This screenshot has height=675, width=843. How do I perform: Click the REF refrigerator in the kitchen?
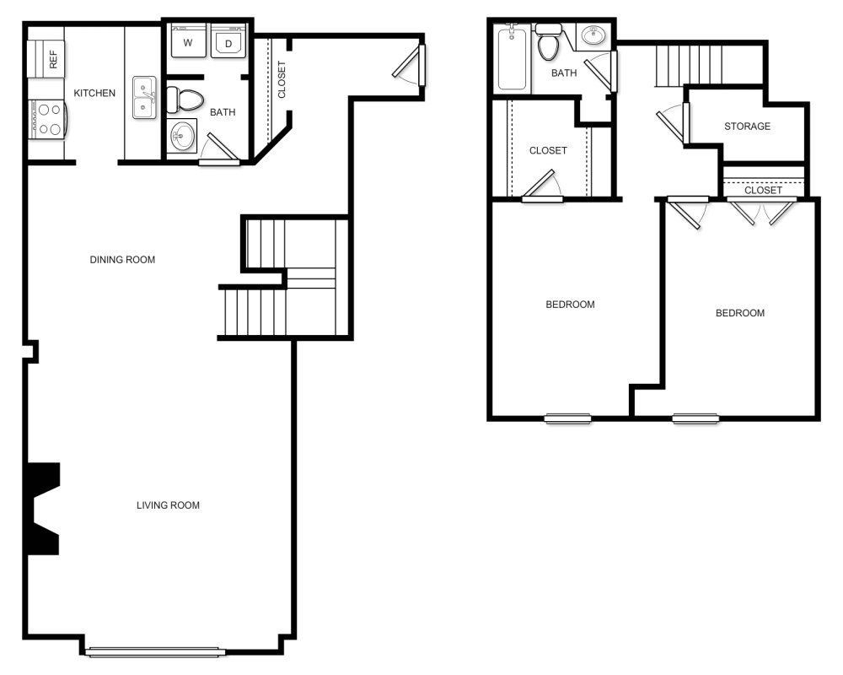[46, 59]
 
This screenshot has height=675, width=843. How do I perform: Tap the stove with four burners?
[47, 118]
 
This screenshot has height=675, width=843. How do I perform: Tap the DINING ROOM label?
[122, 260]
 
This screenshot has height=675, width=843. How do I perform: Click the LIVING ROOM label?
[168, 505]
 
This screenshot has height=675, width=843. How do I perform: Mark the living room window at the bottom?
[153, 651]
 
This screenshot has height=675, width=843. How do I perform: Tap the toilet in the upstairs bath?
[549, 44]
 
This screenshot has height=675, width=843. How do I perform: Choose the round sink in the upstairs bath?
[595, 36]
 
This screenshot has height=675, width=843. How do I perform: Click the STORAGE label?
[747, 127]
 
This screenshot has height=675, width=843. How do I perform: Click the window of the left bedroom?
[567, 418]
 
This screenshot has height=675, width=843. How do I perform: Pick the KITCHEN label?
[94, 93]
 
